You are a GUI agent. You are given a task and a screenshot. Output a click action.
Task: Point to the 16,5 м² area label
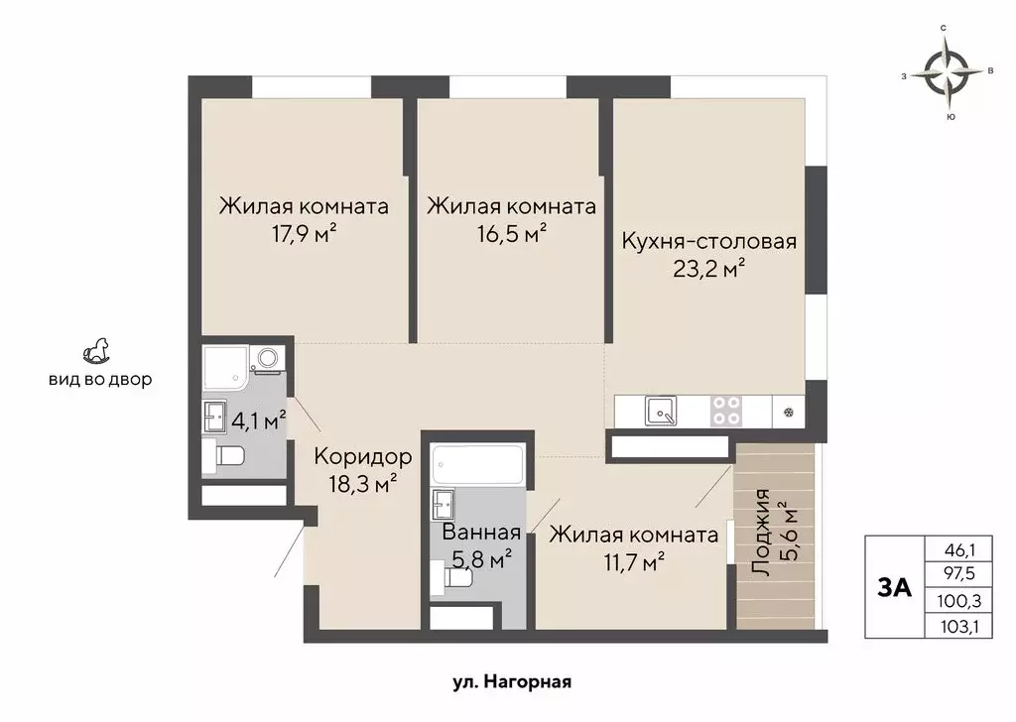point(511,234)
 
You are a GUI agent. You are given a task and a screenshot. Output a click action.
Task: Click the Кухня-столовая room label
point(709,241)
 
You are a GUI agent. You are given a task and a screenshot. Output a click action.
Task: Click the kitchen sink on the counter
point(661,410)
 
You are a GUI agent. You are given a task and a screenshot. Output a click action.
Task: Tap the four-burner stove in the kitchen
point(726,411)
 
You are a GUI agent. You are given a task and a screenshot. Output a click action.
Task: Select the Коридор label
point(362,456)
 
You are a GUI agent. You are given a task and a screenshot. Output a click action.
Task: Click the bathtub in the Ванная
point(477,465)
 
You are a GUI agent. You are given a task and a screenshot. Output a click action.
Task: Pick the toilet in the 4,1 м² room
point(229,457)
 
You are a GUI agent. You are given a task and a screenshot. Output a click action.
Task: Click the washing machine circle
point(267,357)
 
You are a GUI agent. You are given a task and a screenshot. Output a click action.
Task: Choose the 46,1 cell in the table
point(952,548)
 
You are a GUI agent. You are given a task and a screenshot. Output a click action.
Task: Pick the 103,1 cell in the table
point(952,626)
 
